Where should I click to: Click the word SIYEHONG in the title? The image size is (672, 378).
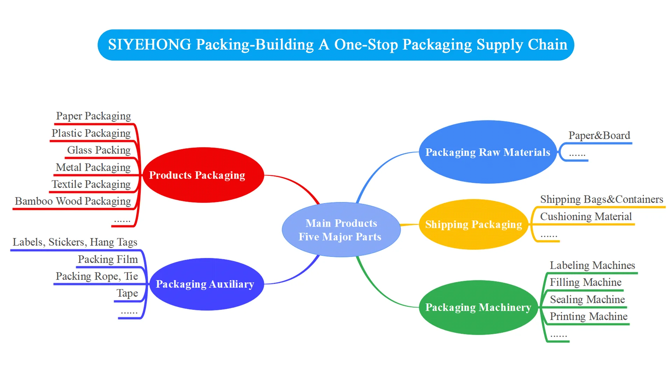point(149,45)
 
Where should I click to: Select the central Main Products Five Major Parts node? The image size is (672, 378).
point(341,230)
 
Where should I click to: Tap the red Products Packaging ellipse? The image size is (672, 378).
point(203,175)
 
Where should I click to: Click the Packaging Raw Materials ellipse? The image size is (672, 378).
point(488,152)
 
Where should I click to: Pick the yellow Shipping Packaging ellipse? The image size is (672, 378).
point(474,224)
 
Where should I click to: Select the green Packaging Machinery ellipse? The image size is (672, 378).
point(478,307)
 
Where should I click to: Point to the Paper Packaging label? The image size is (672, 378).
point(93,116)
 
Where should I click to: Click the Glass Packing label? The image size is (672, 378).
point(99,150)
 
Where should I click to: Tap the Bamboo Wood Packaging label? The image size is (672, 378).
point(73,201)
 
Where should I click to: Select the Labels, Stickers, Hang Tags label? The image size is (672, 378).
point(75,242)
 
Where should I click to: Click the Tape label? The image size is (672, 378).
point(127,293)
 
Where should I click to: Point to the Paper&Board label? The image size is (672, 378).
point(599,135)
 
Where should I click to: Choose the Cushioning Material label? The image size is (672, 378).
point(586,217)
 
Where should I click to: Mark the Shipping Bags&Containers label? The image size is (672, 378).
point(602,199)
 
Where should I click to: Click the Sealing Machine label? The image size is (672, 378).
point(587,300)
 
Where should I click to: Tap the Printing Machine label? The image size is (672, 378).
point(589,316)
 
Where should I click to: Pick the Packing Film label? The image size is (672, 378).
point(108,259)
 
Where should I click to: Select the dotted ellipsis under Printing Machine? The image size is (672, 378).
point(559,336)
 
